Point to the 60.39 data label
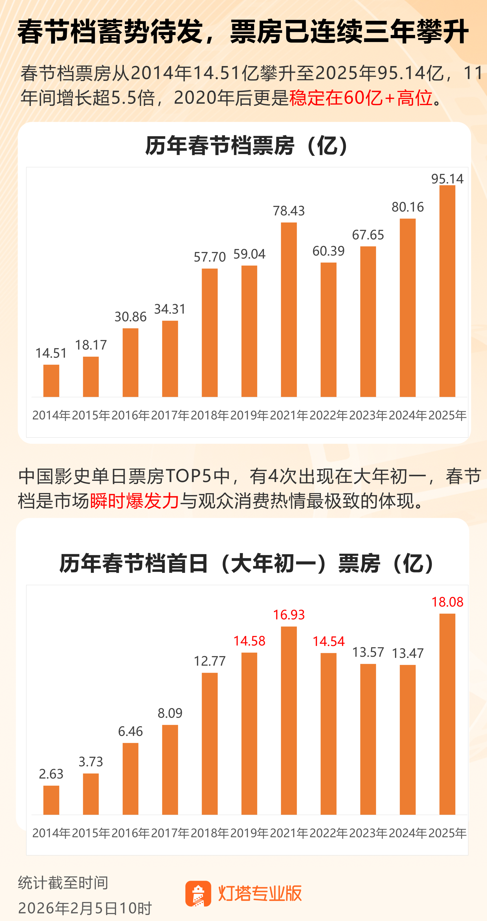[x=328, y=251]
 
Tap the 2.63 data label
[x=51, y=774]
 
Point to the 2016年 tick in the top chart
[x=131, y=415]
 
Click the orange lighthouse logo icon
[x=198, y=893]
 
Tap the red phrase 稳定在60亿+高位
[x=361, y=98]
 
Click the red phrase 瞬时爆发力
[x=134, y=501]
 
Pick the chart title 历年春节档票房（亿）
[x=247, y=146]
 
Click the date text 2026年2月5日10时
[x=85, y=908]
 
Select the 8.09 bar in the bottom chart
[x=170, y=770]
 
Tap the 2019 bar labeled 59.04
[x=249, y=331]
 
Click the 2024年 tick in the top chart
[x=408, y=415]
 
